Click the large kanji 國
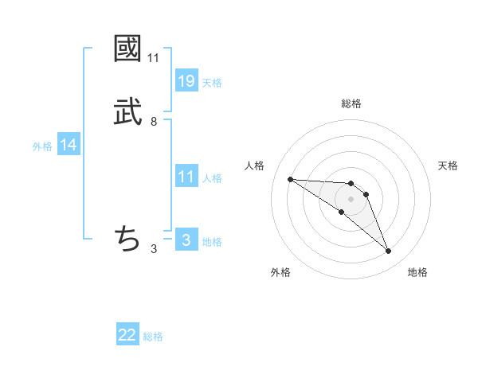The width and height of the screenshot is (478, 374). tap(127, 49)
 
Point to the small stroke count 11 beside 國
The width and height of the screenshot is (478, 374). tap(153, 58)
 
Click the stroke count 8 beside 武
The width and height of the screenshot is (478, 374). tap(153, 122)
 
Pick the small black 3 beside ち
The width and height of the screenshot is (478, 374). tap(153, 248)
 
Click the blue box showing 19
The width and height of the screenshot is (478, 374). tap(186, 80)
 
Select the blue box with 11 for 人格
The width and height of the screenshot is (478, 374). tap(186, 176)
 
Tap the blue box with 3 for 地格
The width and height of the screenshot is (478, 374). tap(186, 239)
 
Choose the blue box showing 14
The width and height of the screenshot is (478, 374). tap(69, 145)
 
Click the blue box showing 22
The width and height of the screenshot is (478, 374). tap(127, 335)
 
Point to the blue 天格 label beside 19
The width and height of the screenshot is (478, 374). tap(212, 82)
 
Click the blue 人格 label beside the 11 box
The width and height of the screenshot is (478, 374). tap(212, 177)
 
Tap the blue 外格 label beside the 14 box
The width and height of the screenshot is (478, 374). tap(42, 146)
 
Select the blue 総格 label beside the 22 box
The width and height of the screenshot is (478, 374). tap(153, 337)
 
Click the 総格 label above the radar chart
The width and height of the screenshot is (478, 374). tap(351, 103)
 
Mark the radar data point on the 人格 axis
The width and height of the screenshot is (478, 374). tap(290, 179)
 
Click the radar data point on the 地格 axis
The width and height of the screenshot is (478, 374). tap(388, 251)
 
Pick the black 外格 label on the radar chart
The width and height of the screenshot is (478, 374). tap(280, 272)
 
